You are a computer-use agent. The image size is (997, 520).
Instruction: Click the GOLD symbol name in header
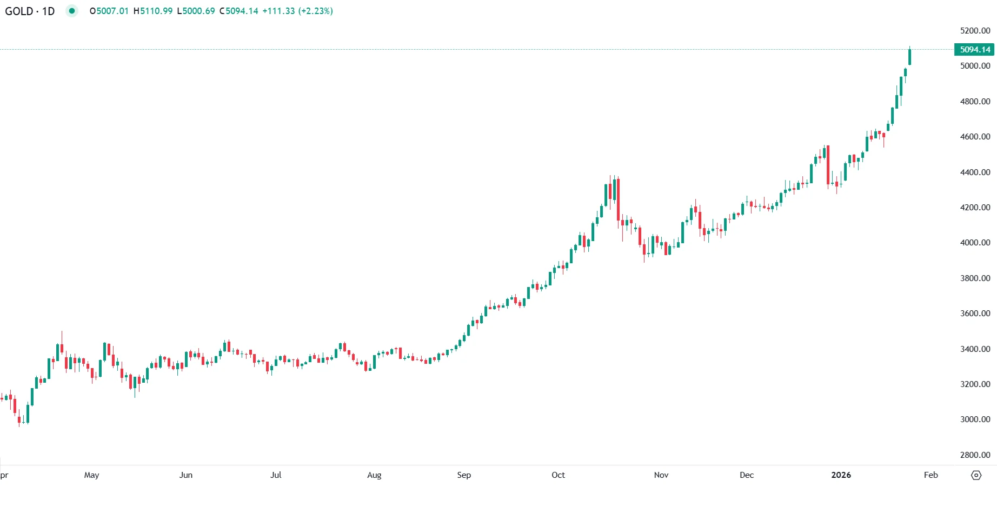[19, 11]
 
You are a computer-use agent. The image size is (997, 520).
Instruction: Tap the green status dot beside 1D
[71, 11]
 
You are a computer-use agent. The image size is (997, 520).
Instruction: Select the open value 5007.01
[112, 11]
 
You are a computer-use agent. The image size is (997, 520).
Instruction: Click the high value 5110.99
[156, 11]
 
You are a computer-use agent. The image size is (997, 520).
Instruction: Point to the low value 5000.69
[198, 11]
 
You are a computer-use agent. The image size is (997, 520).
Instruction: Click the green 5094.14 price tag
[974, 50]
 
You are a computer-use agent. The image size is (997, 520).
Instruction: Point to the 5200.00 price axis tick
[975, 31]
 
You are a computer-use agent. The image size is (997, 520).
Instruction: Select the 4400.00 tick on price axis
[975, 172]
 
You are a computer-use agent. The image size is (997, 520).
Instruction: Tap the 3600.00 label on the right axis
[975, 314]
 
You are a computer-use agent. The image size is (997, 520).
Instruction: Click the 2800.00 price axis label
[975, 455]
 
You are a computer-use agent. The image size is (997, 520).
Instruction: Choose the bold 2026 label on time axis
[841, 475]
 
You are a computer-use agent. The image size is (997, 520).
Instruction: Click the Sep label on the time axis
[464, 475]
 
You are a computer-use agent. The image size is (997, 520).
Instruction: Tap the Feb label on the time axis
[930, 475]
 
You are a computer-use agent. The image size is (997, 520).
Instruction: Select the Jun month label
[185, 475]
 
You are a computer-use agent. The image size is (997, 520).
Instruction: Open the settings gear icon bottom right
[976, 476]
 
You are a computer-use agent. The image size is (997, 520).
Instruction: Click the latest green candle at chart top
[910, 57]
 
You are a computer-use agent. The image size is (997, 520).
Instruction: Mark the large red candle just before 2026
[828, 165]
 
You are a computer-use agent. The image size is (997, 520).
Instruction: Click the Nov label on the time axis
[661, 475]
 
